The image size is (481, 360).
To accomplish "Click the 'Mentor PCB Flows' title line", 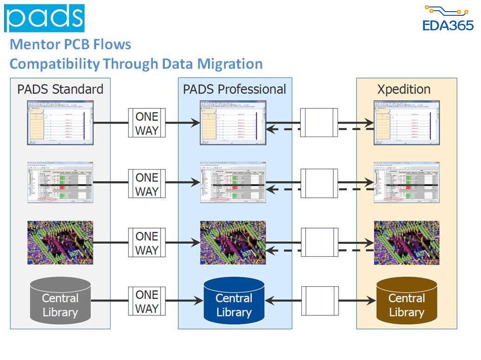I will tap(70, 45).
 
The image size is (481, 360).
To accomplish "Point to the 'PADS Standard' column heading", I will tap(60, 89).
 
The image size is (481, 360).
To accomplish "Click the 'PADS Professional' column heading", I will tap(234, 89).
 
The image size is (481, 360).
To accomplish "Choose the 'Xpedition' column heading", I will tap(403, 89).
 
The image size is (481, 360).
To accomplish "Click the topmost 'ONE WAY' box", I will tap(147, 123).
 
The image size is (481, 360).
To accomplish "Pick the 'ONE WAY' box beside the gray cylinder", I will tap(147, 301).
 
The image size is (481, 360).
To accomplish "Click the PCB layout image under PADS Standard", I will tap(60, 242).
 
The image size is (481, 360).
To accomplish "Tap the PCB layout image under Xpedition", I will tap(407, 242).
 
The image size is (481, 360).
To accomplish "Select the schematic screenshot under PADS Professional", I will tap(233, 123).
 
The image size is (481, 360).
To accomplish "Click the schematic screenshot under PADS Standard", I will tap(60, 123).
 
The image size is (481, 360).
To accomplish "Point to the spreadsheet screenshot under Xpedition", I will tap(407, 182).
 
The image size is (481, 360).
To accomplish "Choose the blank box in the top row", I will tap(319, 123).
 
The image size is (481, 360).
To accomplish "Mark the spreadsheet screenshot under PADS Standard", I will tap(60, 182).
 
